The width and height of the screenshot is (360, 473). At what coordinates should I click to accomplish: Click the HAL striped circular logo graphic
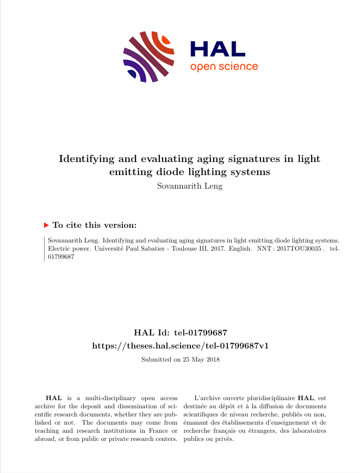(x=148, y=57)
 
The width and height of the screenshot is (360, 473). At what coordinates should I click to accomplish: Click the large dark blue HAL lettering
(x=218, y=49)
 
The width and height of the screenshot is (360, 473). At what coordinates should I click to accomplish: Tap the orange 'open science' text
(x=224, y=67)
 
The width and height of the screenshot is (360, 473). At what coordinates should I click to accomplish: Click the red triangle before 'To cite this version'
(x=46, y=225)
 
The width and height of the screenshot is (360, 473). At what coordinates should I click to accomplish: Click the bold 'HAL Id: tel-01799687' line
(x=180, y=332)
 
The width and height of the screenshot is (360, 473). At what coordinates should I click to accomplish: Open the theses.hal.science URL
(x=180, y=346)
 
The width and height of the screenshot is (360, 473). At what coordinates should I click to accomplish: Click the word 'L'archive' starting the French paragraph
(x=206, y=398)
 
